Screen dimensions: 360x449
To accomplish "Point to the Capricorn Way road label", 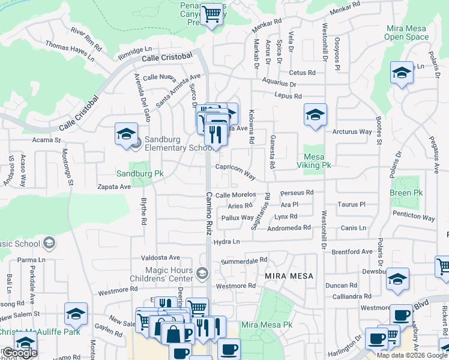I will (x=236, y=172).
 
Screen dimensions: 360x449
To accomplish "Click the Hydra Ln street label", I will (x=227, y=242).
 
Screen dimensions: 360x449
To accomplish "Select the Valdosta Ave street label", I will (x=160, y=257).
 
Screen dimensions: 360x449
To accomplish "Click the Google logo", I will (x=20, y=353).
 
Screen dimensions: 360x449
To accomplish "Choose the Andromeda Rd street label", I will (x=289, y=228).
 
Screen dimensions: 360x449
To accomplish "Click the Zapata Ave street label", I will (x=114, y=187).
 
